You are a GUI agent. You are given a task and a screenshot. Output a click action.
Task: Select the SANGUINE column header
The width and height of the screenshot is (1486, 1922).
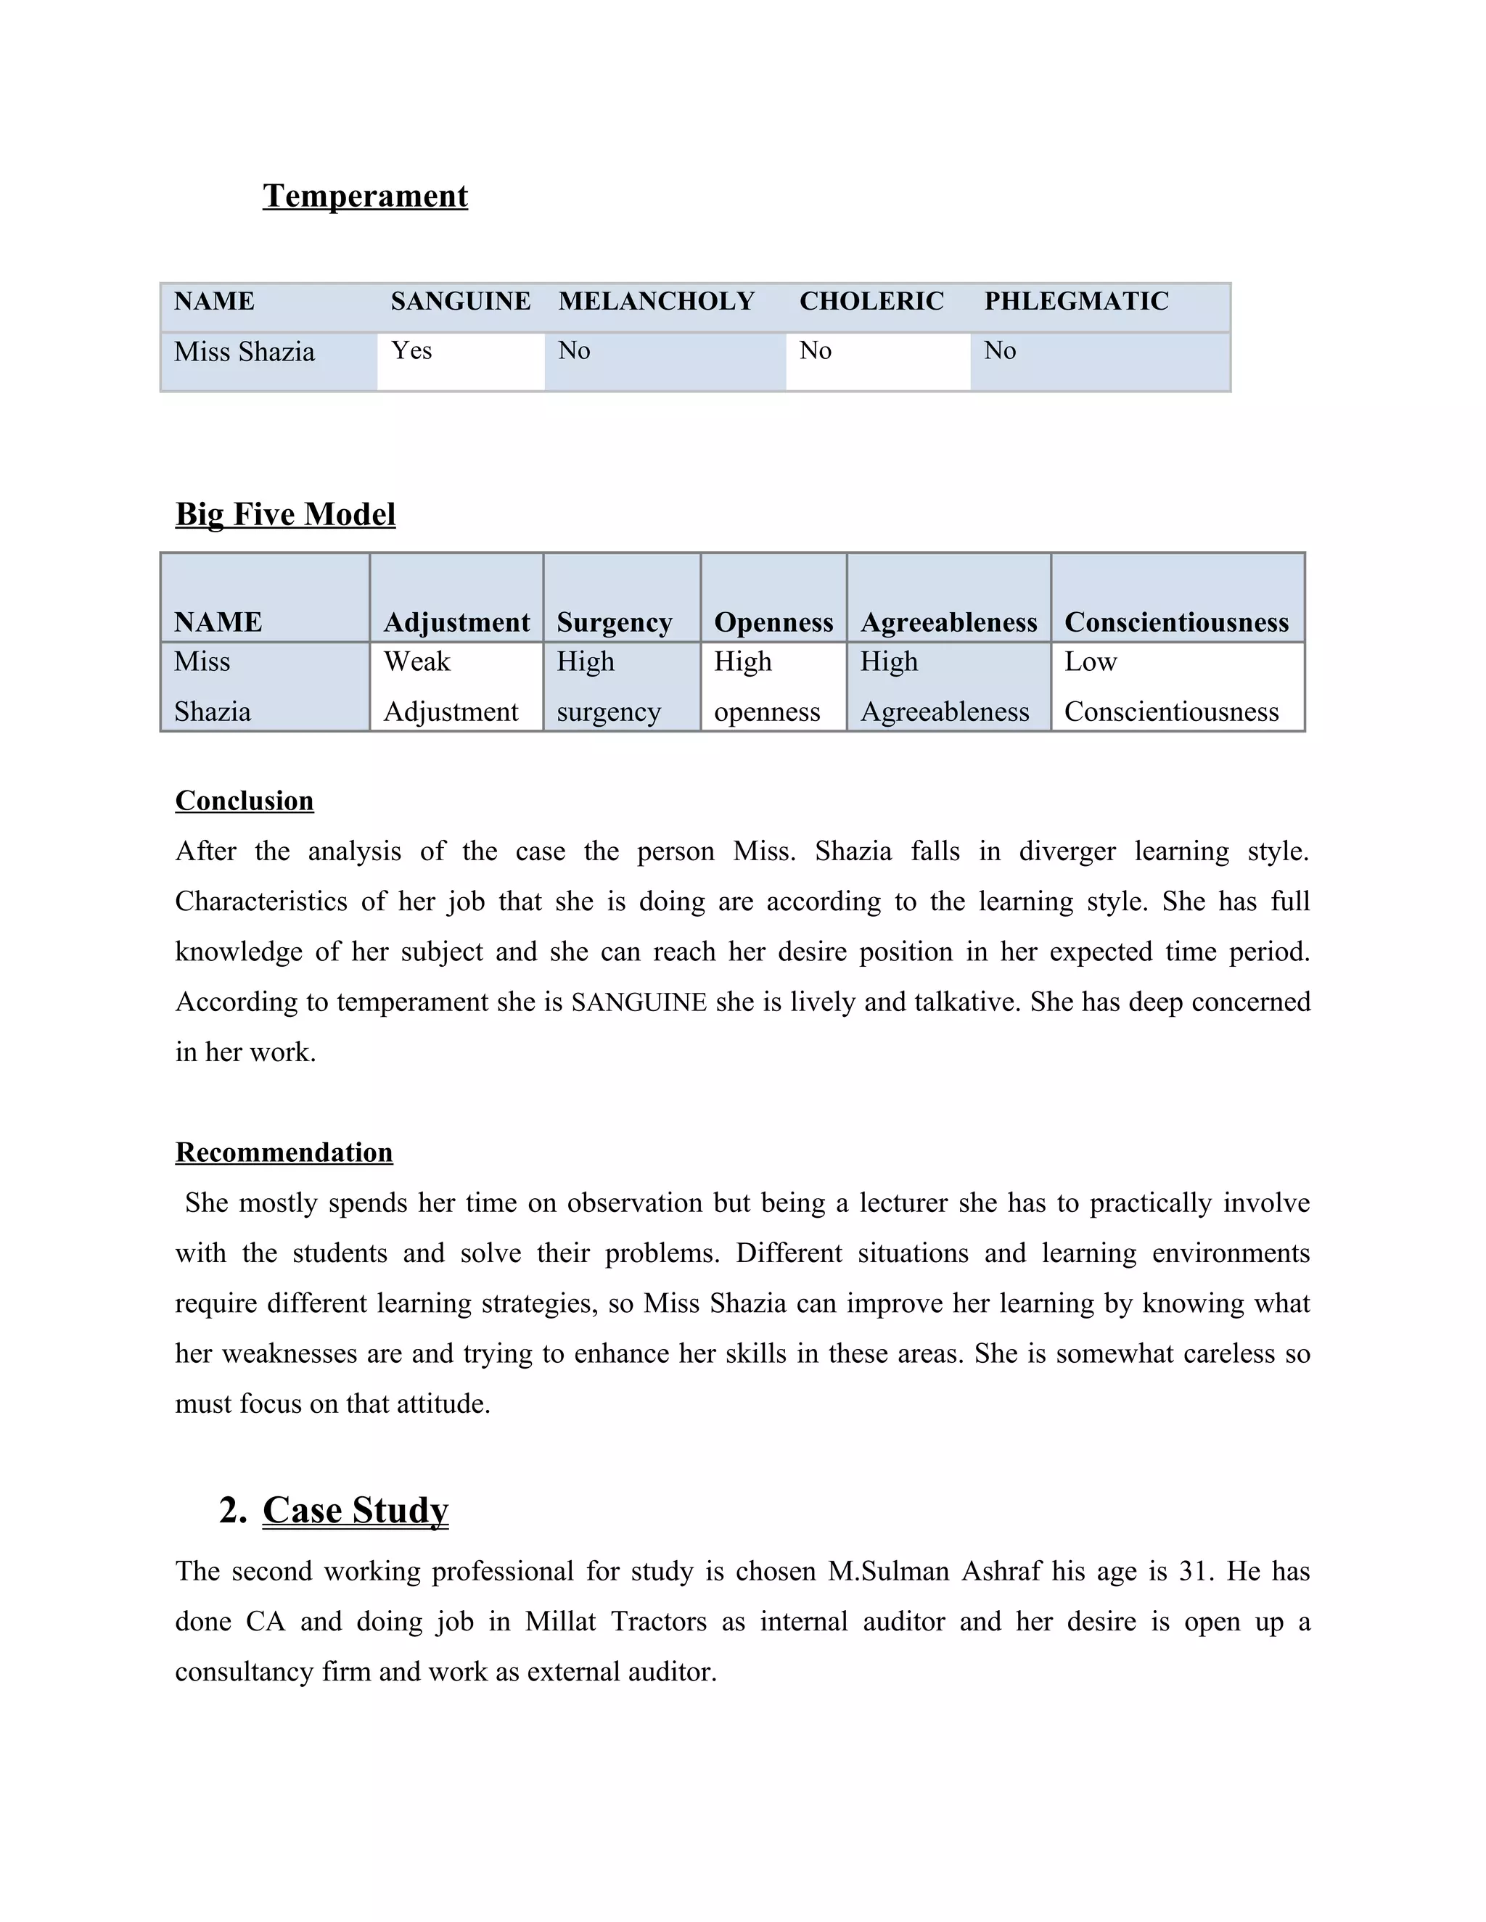tap(461, 301)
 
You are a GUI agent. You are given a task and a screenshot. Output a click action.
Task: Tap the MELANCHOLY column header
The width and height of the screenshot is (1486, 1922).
tap(656, 301)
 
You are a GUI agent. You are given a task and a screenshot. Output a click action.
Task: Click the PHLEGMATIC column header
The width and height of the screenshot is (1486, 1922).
tap(1076, 301)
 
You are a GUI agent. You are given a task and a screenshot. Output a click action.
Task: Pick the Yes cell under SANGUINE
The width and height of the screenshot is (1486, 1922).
tap(412, 350)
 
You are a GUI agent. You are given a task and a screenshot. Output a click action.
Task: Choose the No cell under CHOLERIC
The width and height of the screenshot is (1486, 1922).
tap(815, 350)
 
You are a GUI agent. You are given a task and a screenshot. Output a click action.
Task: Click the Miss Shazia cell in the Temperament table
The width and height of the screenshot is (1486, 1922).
tap(244, 352)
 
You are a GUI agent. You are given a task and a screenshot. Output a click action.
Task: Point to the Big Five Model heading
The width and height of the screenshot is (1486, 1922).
tap(285, 514)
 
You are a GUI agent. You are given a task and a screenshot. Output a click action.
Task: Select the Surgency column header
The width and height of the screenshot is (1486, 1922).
tap(614, 622)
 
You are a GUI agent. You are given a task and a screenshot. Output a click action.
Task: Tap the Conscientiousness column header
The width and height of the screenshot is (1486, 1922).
tap(1176, 622)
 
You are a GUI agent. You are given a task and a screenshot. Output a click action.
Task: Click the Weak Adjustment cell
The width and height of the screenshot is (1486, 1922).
tap(451, 686)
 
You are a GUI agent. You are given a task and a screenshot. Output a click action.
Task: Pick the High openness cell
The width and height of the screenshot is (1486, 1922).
tap(767, 686)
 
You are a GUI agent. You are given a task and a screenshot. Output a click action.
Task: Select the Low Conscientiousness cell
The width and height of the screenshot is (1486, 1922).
tap(1171, 686)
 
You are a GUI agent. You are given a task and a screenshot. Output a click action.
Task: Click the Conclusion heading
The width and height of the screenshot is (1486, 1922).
tap(244, 801)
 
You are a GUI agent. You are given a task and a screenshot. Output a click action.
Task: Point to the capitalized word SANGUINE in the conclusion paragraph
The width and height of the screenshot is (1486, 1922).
tap(639, 1002)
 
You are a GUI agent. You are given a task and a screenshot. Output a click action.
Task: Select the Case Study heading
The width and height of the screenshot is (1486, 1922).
tap(355, 1510)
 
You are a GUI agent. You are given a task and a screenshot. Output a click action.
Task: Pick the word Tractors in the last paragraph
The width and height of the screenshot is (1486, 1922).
tap(659, 1622)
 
